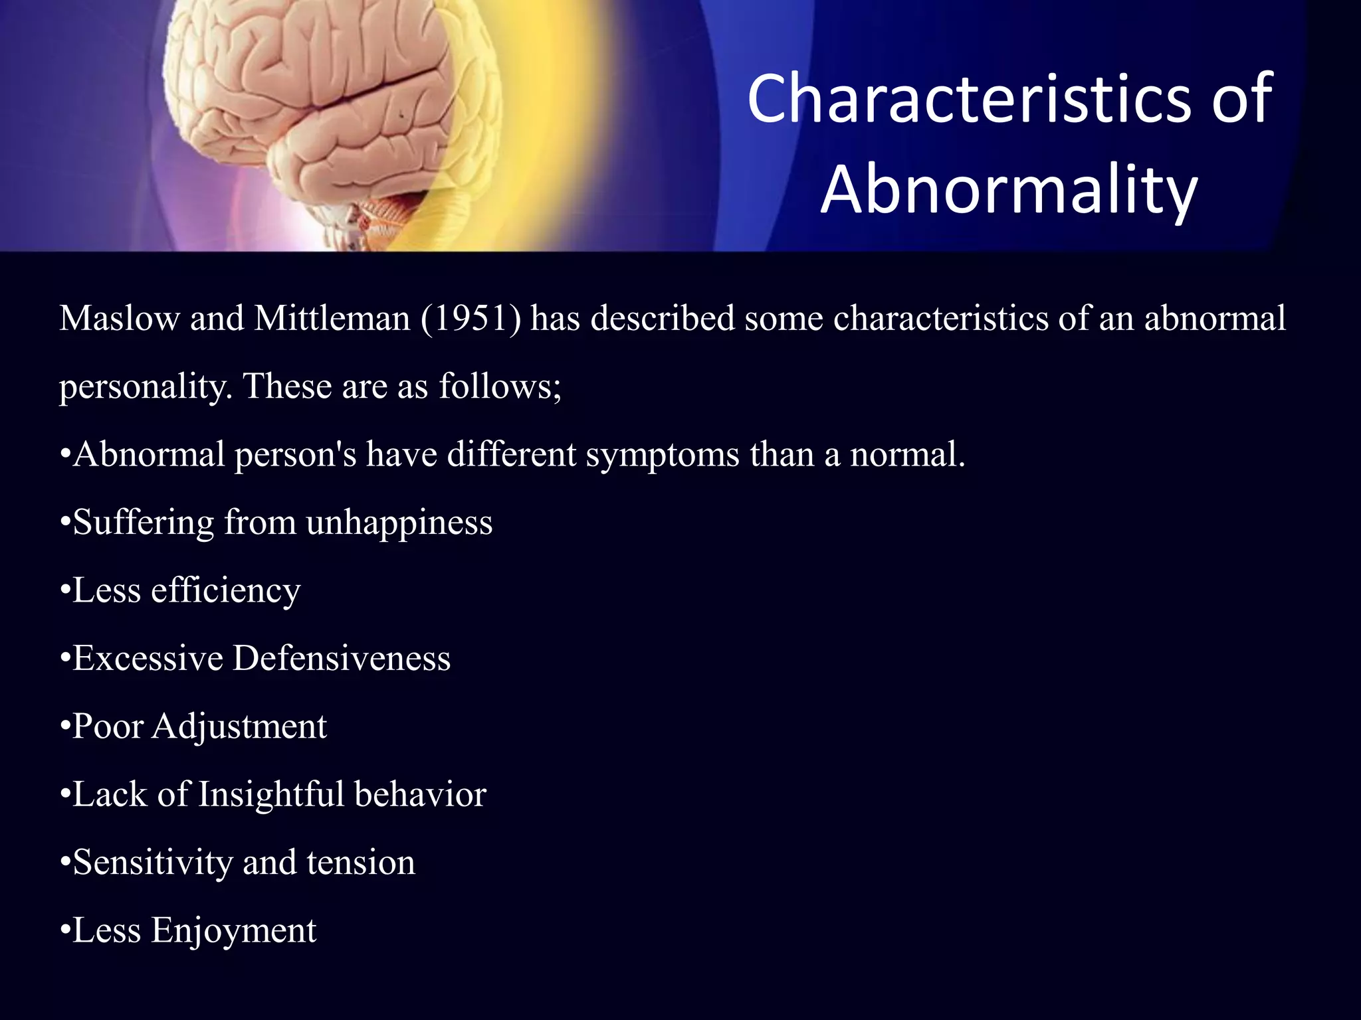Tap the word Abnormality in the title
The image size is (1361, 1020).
[x=1009, y=190]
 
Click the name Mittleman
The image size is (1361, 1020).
[x=332, y=319]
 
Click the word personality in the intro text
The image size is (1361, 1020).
[x=146, y=387]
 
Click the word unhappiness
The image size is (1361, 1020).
[x=399, y=523]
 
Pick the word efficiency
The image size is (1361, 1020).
[x=226, y=592]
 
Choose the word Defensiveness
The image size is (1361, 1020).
[x=342, y=659]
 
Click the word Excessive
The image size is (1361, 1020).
[x=148, y=659]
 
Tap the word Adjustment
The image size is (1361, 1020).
[x=239, y=727]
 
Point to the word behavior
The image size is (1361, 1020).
[x=420, y=795]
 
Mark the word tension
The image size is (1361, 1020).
[x=361, y=863]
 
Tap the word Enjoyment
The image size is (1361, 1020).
[x=234, y=931]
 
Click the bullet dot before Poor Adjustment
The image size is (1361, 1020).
[x=64, y=727]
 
